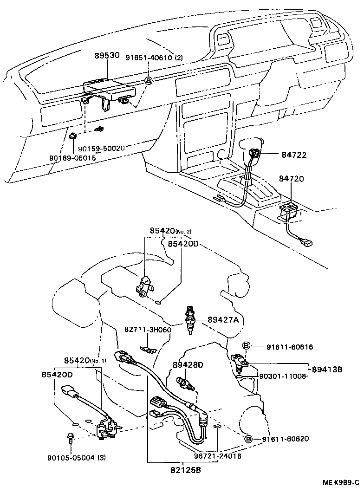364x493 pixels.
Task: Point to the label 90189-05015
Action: [x=72, y=158]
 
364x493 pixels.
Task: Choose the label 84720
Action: [x=291, y=178]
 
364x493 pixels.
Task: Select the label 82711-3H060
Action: [x=148, y=330]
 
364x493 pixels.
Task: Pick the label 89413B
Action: [x=327, y=370]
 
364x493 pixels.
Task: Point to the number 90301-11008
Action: [x=283, y=376]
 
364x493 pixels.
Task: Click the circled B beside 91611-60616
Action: [x=247, y=346]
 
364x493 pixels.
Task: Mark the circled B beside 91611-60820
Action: [x=248, y=439]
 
